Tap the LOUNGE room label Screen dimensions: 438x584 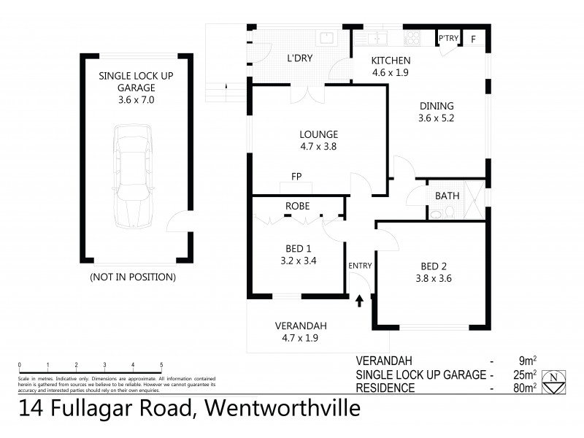coord(318,134)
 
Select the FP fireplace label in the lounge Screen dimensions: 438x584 coord(296,176)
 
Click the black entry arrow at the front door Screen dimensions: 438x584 coord(359,301)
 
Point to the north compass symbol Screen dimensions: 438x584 coord(556,378)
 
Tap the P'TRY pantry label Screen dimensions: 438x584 coord(447,39)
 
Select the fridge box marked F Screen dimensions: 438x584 coord(473,39)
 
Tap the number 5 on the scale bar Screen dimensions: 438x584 coord(161,364)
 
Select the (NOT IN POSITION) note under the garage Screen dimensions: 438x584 coord(132,277)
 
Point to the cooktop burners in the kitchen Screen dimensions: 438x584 coord(413,39)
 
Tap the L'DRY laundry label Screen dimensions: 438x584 coord(299,58)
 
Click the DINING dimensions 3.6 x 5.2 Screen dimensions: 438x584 coord(437,118)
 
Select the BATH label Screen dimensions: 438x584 coord(447,196)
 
